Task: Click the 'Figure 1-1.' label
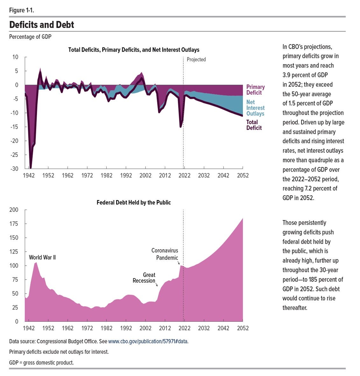coord(22,10)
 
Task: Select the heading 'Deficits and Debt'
coord(41,25)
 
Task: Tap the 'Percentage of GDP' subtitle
coord(30,37)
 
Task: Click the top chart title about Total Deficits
coord(134,50)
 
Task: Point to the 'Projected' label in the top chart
coord(196,59)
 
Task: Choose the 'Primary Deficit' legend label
coord(255,90)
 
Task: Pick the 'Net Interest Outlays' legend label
coord(255,108)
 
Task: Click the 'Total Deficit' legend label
coord(254,125)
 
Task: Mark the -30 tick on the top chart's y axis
coord(14,169)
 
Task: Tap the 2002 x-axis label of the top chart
coord(145,176)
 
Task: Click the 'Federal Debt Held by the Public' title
coord(134,202)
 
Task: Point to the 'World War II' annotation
coord(42,257)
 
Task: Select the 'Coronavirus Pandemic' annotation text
coord(165,254)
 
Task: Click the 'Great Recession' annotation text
coord(144,278)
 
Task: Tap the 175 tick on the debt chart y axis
coord(14,224)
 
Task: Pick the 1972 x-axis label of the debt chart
coord(87,328)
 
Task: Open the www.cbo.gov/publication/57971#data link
coord(148,341)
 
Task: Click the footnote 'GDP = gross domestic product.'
coord(41,362)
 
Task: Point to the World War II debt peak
coord(36,262)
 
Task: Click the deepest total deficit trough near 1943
coord(31,168)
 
